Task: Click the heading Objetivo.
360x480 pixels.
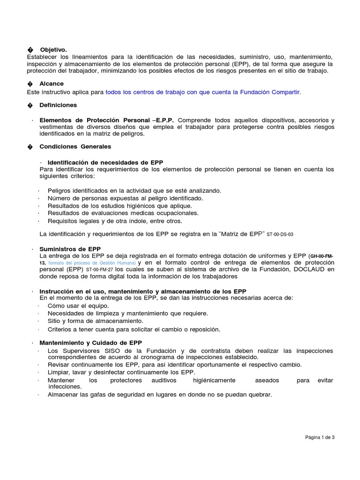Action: pos(53,49)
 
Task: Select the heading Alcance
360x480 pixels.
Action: pos(52,83)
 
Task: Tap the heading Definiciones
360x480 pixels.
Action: pos(58,105)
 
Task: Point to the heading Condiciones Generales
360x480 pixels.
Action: pos(75,146)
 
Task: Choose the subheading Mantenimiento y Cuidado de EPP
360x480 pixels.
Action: pos(90,343)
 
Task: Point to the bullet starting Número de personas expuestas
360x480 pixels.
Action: pos(119,198)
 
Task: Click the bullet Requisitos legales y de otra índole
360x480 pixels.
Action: pos(115,221)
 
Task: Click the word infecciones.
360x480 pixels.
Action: pos(65,387)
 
